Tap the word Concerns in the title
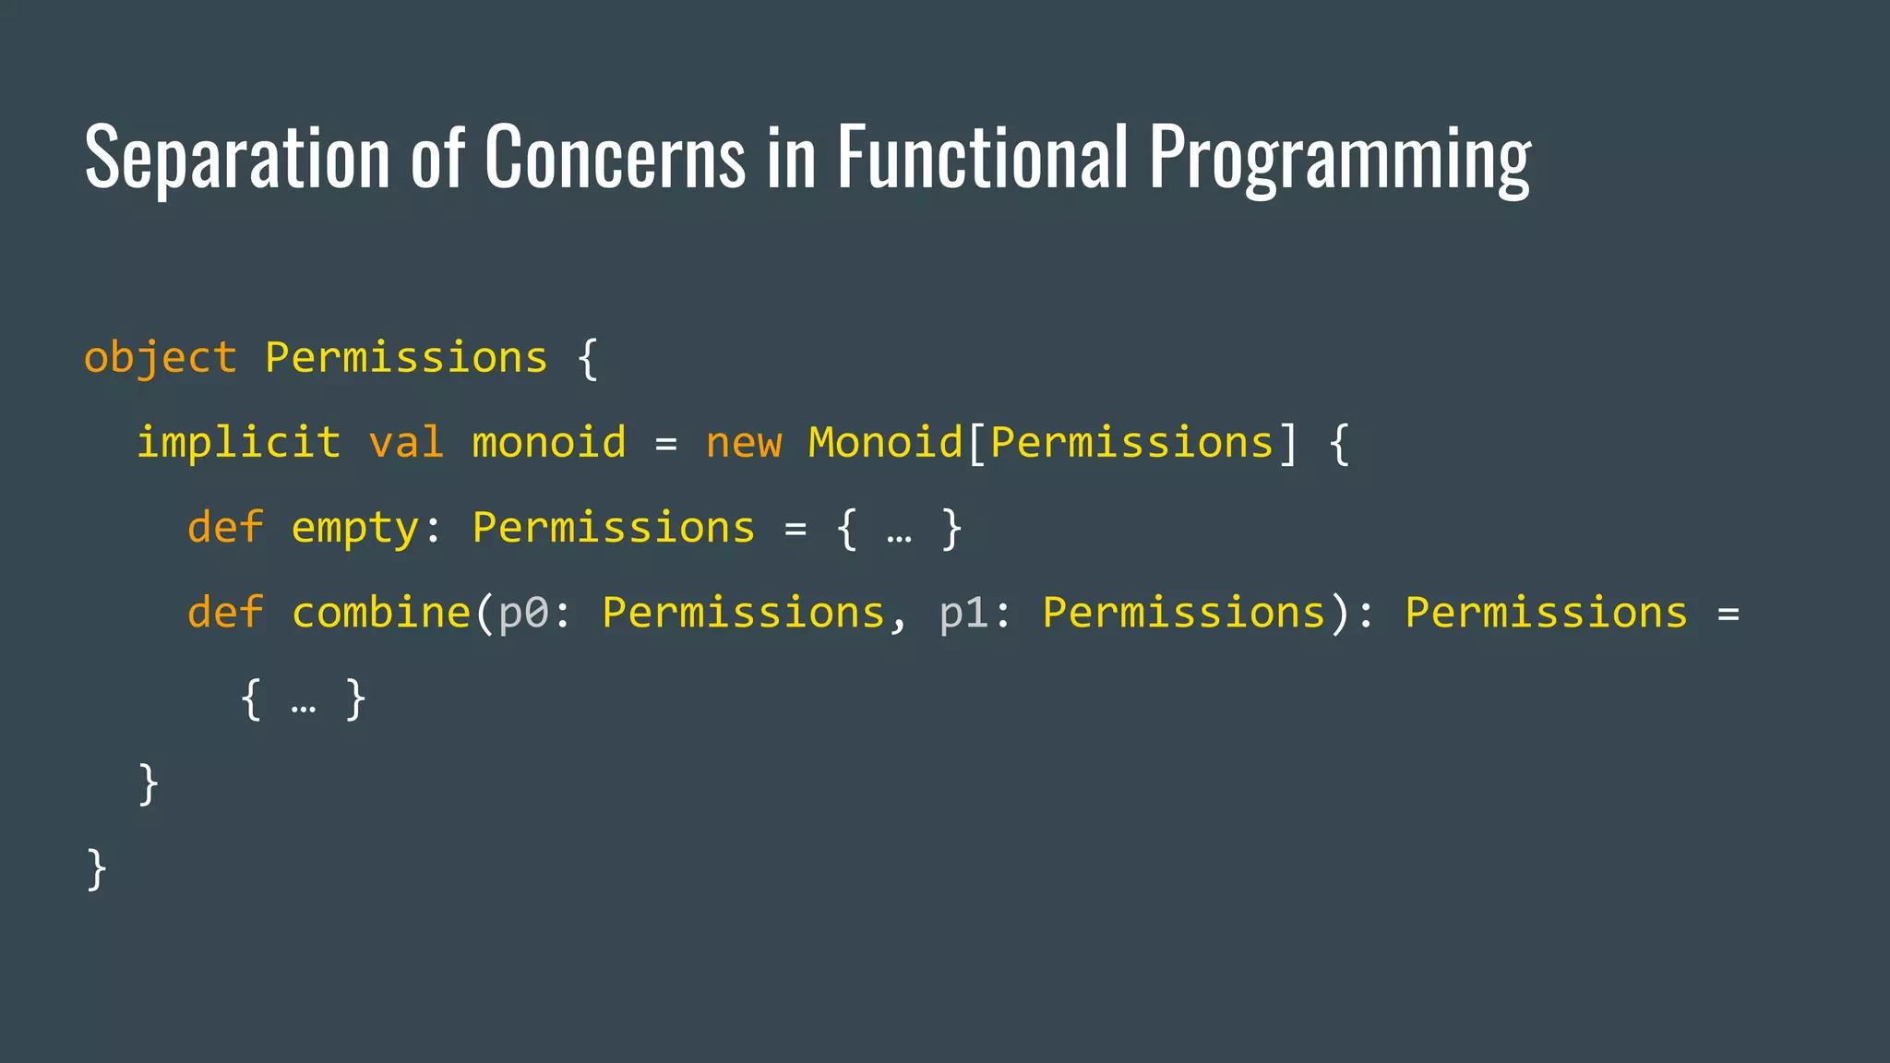tap(615, 157)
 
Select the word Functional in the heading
tap(982, 157)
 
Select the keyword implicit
tap(238, 443)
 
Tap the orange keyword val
tap(406, 443)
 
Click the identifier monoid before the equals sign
tap(549, 443)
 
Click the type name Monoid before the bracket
tap(885, 443)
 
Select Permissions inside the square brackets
tap(1131, 443)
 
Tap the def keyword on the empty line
tap(225, 528)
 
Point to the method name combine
tap(381, 613)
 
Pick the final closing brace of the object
tap(96, 869)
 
